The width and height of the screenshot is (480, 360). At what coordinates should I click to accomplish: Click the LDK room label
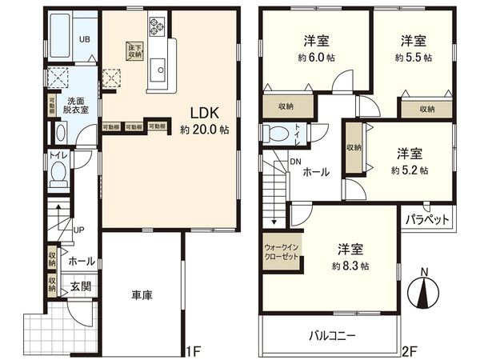[199, 111]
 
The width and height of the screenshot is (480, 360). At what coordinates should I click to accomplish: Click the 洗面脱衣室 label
[76, 108]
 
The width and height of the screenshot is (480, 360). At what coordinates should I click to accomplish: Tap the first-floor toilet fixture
[58, 174]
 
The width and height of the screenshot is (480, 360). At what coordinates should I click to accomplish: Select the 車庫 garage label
[142, 295]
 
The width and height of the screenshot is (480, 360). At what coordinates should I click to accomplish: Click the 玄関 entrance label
[80, 286]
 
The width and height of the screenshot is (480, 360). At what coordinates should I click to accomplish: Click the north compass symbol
[424, 293]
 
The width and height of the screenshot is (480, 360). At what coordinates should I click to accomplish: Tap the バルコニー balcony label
[329, 335]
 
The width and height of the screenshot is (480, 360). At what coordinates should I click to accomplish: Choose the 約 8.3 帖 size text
[353, 265]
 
